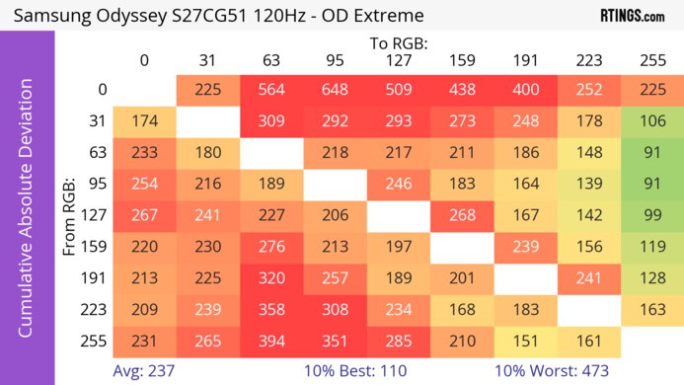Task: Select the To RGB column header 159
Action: pyautogui.click(x=461, y=61)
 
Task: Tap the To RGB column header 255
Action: pyautogui.click(x=651, y=61)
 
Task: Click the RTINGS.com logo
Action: pyautogui.click(x=632, y=16)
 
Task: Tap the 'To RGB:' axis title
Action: pyautogui.click(x=398, y=43)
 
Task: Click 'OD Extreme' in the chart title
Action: pyautogui.click(x=370, y=16)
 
